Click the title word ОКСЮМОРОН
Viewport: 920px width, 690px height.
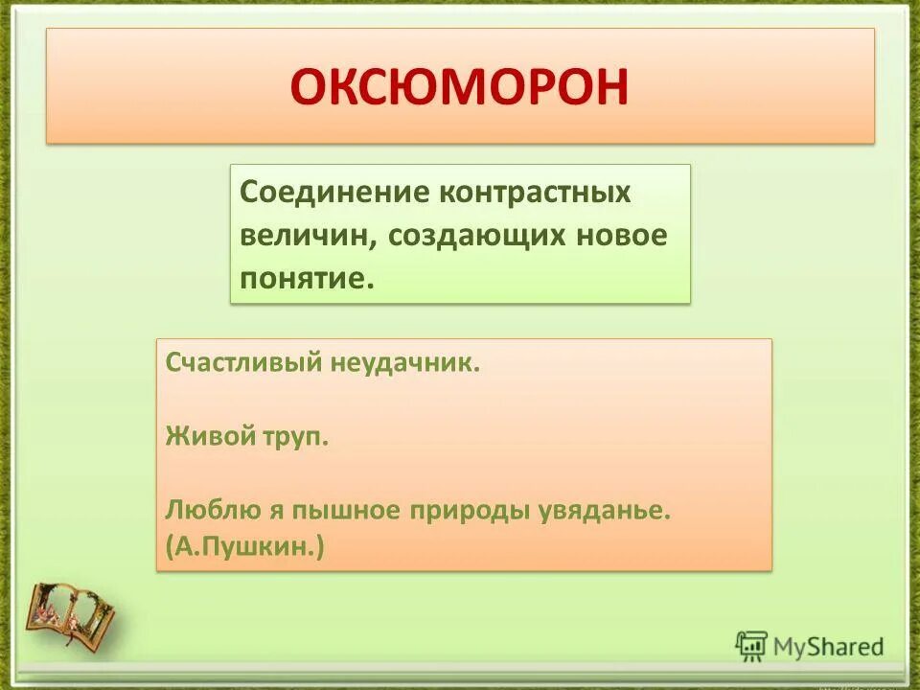point(460,86)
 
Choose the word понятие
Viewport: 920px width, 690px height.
point(304,279)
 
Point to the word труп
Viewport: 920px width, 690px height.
point(293,437)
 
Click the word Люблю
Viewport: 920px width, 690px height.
point(207,509)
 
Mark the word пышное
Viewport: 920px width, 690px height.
point(336,509)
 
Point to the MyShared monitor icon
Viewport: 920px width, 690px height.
point(752,646)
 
